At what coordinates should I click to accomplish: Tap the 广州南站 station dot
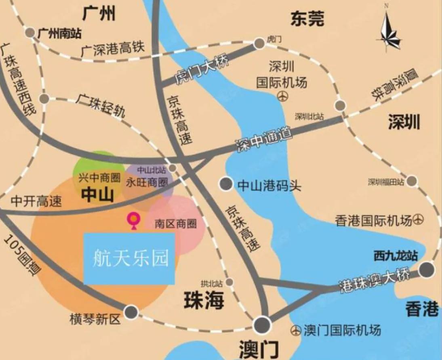click(30, 33)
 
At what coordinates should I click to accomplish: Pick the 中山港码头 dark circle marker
click(226, 184)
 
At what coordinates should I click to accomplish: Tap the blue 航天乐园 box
click(129, 258)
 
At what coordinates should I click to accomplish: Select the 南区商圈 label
click(176, 224)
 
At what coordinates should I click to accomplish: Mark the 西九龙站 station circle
click(427, 270)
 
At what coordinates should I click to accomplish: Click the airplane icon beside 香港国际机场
click(419, 220)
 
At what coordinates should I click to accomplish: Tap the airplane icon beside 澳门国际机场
click(296, 331)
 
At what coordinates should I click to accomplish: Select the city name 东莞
click(307, 19)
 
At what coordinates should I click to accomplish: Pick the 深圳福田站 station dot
click(412, 181)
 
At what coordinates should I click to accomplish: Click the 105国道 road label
click(23, 255)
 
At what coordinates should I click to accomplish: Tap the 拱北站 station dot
click(230, 282)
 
